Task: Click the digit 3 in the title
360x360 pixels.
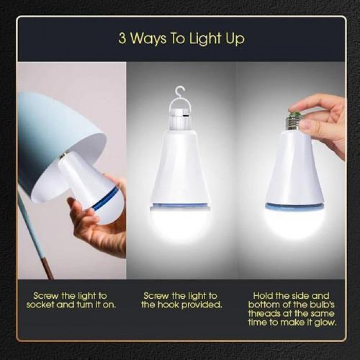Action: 122,38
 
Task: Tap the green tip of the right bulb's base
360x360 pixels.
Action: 294,114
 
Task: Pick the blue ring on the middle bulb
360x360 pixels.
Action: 180,206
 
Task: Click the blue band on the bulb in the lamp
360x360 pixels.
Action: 105,197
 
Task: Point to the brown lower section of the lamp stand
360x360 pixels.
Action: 48,268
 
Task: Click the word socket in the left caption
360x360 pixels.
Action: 40,305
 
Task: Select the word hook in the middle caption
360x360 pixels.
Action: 169,305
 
